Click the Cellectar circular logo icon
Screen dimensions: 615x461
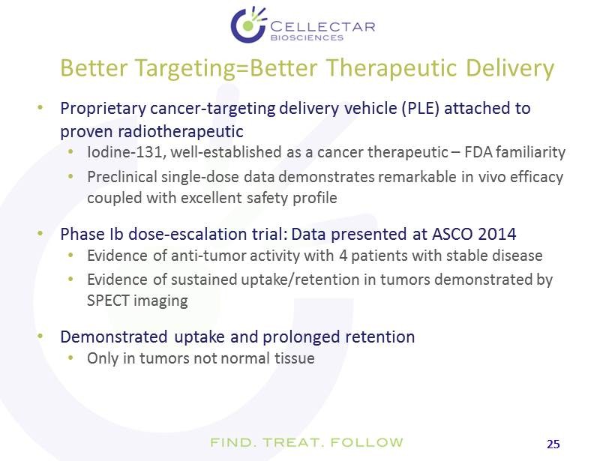tap(249, 25)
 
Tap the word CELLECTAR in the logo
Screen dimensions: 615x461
tap(322, 27)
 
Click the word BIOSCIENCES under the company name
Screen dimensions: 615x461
tap(307, 37)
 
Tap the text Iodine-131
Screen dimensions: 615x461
tap(124, 152)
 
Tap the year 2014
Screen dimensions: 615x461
tap(497, 234)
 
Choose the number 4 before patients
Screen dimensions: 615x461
tap(343, 256)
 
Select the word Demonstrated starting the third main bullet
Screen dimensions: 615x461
tap(114, 337)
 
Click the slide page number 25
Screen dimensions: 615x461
tap(553, 445)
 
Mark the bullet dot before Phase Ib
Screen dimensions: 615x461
tap(40, 234)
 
